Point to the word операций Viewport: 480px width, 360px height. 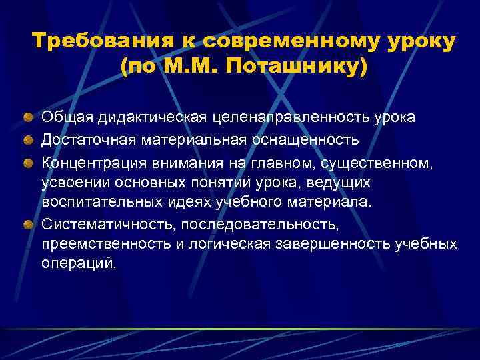tap(79, 263)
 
